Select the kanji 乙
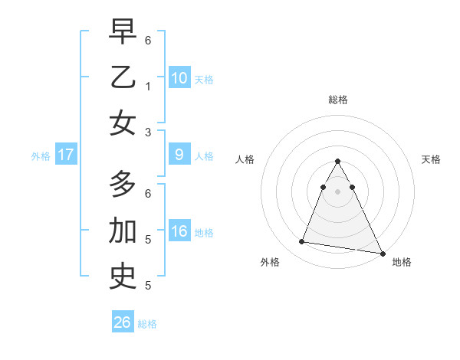pyautogui.click(x=123, y=77)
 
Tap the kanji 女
pyautogui.click(x=123, y=123)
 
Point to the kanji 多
pyautogui.click(x=123, y=184)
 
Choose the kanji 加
pyautogui.click(x=123, y=231)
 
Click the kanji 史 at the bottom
pyautogui.click(x=123, y=277)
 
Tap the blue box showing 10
pyautogui.click(x=179, y=77)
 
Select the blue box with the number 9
pyautogui.click(x=179, y=155)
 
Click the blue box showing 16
pyautogui.click(x=179, y=231)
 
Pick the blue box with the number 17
pyautogui.click(x=66, y=155)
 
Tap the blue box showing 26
pyautogui.click(x=123, y=322)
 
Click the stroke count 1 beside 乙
pyautogui.click(x=148, y=87)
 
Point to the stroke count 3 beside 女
pyautogui.click(x=148, y=133)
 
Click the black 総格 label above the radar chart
pyautogui.click(x=338, y=99)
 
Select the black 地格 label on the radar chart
pyautogui.click(x=402, y=262)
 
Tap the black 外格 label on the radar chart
pyautogui.click(x=270, y=262)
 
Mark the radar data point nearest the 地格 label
pyautogui.click(x=381, y=253)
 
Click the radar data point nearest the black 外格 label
pyautogui.click(x=302, y=242)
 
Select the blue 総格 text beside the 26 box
pyautogui.click(x=148, y=324)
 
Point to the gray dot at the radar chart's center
pyautogui.click(x=338, y=191)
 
